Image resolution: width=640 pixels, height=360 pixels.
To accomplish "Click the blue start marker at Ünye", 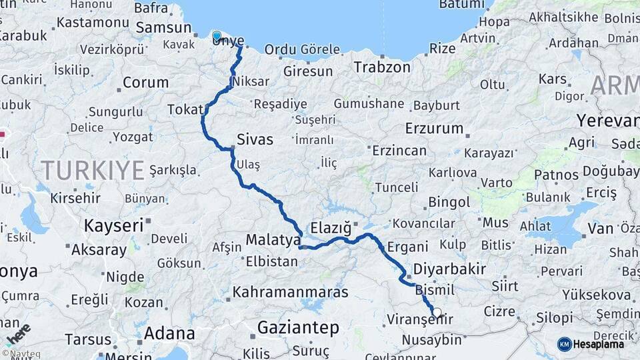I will coord(217,36).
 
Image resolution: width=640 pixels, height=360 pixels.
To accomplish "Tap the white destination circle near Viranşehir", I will coord(437,311).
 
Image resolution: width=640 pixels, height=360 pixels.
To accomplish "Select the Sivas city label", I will coord(255,140).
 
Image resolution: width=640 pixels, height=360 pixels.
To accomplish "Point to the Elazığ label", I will coord(331,228).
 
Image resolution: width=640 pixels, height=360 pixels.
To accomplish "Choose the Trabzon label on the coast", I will coord(382,67).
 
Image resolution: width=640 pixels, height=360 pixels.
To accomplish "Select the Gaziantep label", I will coord(298,328).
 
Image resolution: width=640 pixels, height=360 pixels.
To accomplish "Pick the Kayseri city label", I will coord(113,225).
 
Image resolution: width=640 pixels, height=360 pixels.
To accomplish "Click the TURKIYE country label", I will coord(93,171).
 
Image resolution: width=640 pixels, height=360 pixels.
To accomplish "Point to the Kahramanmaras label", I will coord(291,292).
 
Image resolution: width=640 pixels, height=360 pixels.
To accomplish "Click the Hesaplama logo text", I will coord(599,344).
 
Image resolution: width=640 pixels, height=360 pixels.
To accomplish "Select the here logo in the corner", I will coord(18,333).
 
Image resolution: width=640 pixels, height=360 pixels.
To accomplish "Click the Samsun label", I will coord(163,28).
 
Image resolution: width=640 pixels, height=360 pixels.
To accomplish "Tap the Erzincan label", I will coord(399,151).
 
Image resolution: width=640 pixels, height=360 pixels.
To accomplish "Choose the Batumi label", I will coord(461,5).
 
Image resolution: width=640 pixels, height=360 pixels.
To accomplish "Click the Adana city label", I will coord(170,333).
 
